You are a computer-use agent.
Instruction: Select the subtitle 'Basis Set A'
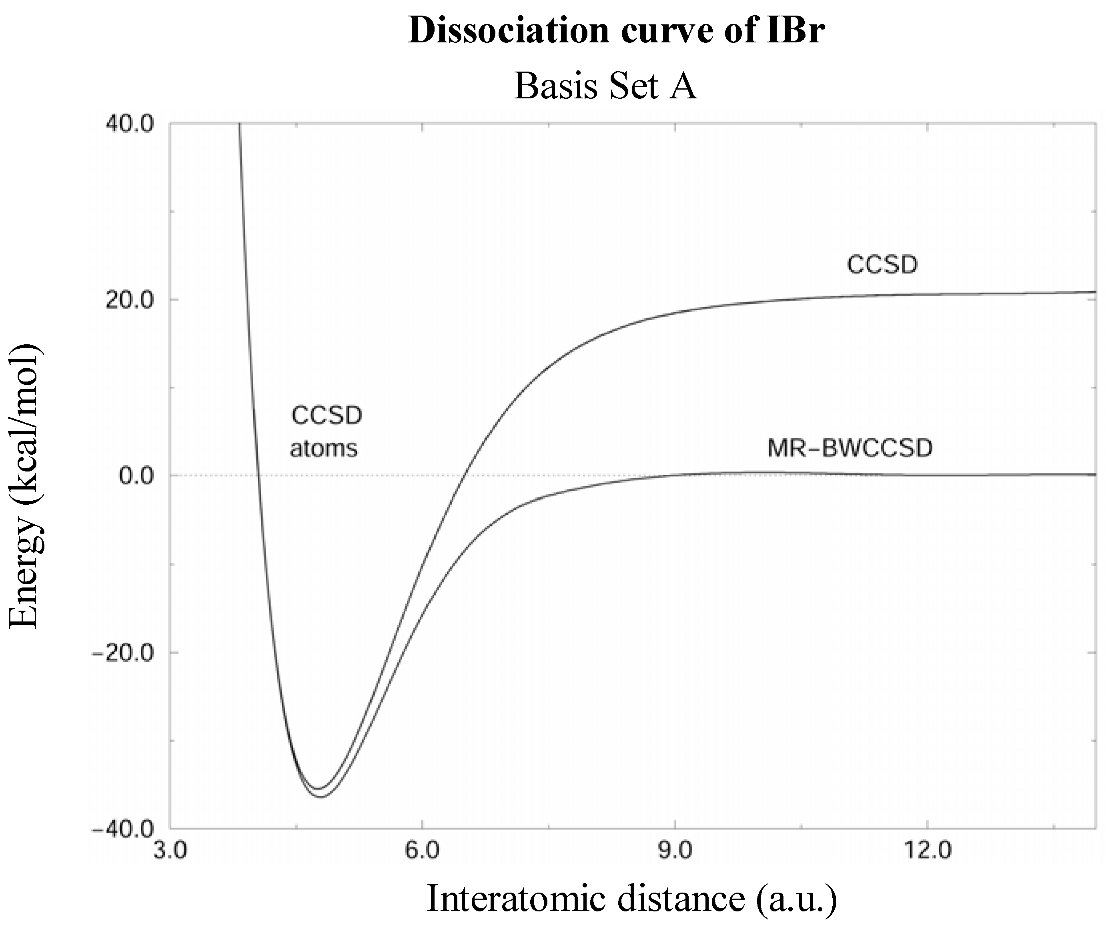click(605, 86)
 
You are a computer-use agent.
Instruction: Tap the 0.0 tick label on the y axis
click(136, 476)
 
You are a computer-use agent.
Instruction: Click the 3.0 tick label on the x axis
click(170, 851)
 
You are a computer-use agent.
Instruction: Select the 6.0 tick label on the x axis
click(422, 851)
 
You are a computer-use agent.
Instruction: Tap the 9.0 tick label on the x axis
click(675, 851)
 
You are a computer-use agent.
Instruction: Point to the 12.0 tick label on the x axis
click(926, 851)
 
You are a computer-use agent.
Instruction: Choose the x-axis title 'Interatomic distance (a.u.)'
click(631, 898)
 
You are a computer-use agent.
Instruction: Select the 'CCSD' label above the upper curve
click(882, 265)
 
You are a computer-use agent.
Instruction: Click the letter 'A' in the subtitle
click(683, 86)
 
